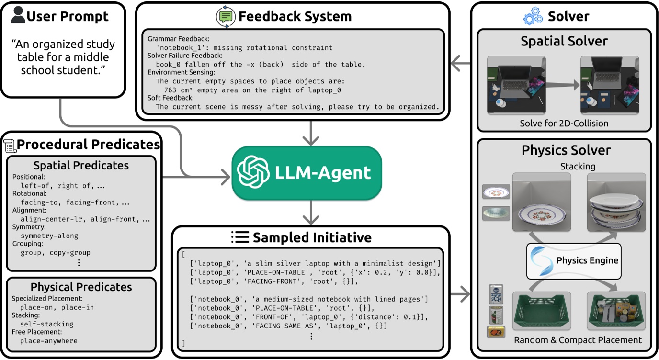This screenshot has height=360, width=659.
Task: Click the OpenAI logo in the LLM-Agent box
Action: [253, 172]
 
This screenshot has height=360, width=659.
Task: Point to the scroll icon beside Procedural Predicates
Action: [10, 144]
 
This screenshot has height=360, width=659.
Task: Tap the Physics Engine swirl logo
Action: [541, 260]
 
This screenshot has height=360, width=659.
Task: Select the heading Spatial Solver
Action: [564, 41]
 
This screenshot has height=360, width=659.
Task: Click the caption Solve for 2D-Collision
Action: [564, 123]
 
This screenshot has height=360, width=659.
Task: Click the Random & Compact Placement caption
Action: [578, 340]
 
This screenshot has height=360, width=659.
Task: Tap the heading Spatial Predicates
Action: [81, 166]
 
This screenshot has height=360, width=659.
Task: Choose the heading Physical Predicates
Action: [81, 287]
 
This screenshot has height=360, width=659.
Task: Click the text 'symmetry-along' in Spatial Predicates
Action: [49, 236]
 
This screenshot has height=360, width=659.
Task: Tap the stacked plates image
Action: [616, 202]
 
